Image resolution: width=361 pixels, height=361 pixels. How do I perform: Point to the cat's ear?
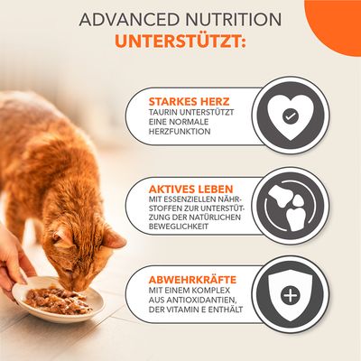(112, 238)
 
